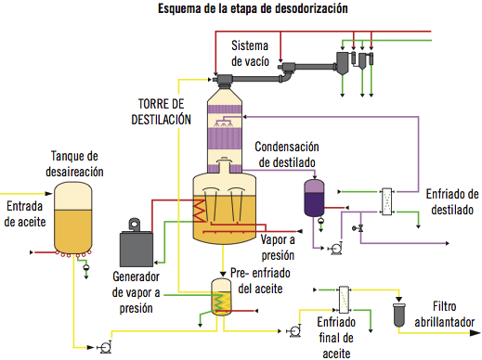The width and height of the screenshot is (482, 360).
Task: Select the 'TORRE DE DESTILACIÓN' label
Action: coord(165,111)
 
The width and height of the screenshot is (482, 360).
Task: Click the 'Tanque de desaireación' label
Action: coord(76,164)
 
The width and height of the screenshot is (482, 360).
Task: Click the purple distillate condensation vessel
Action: coord(314,196)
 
